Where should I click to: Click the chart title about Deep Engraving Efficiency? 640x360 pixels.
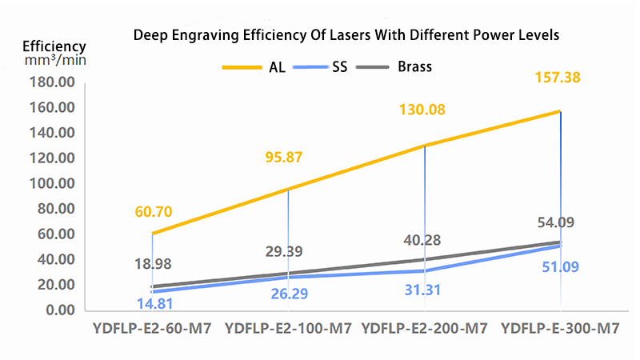pyautogui.click(x=346, y=35)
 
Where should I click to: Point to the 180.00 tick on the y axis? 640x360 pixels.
pyautogui.click(x=50, y=82)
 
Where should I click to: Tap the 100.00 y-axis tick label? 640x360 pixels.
pyautogui.click(x=50, y=183)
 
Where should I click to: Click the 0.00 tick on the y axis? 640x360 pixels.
pyautogui.click(x=57, y=310)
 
